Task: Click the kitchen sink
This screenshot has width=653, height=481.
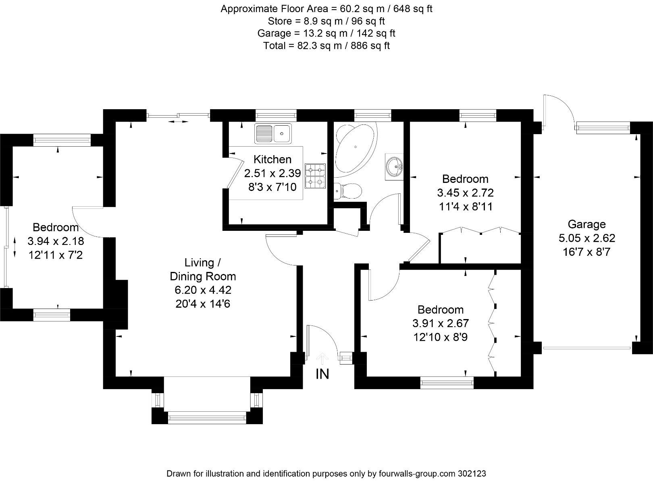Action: tap(273, 133)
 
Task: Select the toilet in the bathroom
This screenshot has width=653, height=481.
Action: tap(348, 191)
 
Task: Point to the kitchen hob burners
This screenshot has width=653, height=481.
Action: tap(315, 176)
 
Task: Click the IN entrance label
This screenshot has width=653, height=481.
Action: tap(322, 374)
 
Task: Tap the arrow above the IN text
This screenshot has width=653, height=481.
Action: tap(322, 358)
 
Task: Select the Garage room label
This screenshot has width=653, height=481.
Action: tap(586, 224)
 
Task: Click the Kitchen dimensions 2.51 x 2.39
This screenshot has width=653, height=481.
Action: tap(272, 174)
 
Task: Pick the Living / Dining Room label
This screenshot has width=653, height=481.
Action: tap(203, 270)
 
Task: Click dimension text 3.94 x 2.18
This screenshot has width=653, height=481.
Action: tap(56, 241)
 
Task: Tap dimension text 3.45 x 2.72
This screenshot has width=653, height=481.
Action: tap(465, 193)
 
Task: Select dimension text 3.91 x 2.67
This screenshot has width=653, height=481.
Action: tap(441, 323)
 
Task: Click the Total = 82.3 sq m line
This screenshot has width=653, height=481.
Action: tap(326, 46)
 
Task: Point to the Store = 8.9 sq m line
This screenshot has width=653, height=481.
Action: tap(326, 21)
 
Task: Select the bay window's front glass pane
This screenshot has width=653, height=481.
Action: tap(207, 418)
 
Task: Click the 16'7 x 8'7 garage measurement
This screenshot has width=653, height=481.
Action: tap(586, 252)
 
